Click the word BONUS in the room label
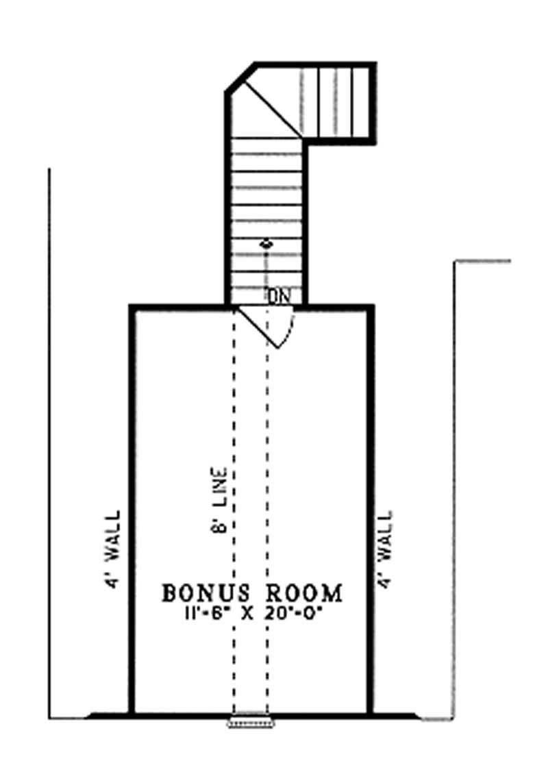coord(200,593)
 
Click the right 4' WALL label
coord(387,548)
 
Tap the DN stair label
coord(278,296)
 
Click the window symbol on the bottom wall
coord(252,721)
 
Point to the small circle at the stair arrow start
coord(266,243)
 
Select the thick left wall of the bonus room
coord(132,514)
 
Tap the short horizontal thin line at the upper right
coord(483,261)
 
